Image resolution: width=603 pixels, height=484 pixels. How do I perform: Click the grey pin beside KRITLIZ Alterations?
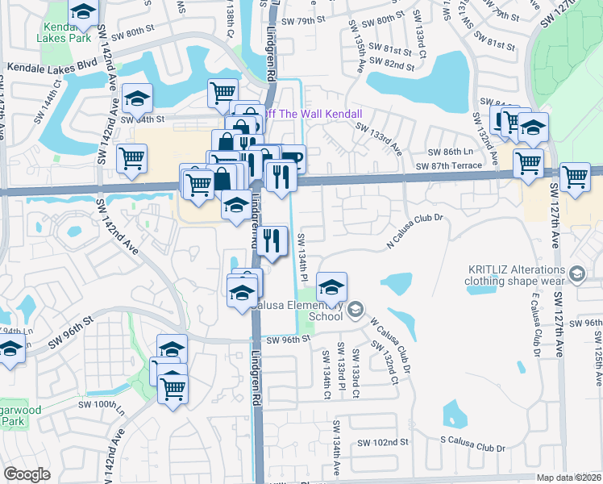pyautogui.click(x=577, y=275)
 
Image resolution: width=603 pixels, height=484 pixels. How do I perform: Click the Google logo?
pyautogui.click(x=27, y=474)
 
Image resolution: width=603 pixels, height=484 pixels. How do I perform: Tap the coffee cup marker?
pyautogui.click(x=291, y=156)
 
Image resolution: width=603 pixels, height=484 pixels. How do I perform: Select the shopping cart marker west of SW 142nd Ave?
pyautogui.click(x=131, y=157)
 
